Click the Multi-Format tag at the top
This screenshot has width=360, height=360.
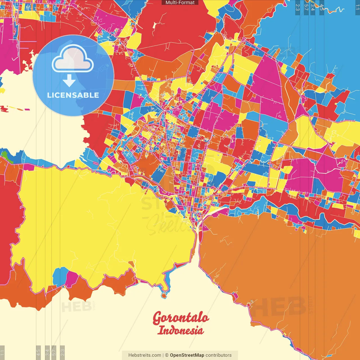[x=180, y=3]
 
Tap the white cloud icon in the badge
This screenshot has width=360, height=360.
[x=73, y=59]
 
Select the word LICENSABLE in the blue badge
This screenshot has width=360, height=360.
[x=73, y=95]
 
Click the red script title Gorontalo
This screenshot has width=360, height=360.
[x=181, y=318]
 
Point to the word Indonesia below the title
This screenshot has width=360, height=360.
[x=180, y=330]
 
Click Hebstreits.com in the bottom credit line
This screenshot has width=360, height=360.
[x=145, y=355]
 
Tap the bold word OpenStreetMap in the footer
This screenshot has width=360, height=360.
[x=187, y=355]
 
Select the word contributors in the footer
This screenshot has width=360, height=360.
[x=219, y=355]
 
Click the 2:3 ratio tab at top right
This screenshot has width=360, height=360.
[x=298, y=7]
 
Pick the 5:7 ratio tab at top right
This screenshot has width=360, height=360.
[x=306, y=7]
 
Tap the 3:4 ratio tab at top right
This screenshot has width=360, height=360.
[x=313, y=7]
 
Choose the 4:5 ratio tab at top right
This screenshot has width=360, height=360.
[x=322, y=7]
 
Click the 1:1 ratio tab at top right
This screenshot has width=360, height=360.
[x=357, y=7]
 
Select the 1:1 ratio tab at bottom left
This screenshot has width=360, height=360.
[x=2, y=353]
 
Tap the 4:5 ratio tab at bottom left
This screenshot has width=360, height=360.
[x=39, y=353]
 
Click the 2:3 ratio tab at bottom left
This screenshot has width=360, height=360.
[x=62, y=353]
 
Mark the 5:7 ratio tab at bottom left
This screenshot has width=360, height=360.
[x=54, y=353]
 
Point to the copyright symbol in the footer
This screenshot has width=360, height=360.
[x=167, y=355]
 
